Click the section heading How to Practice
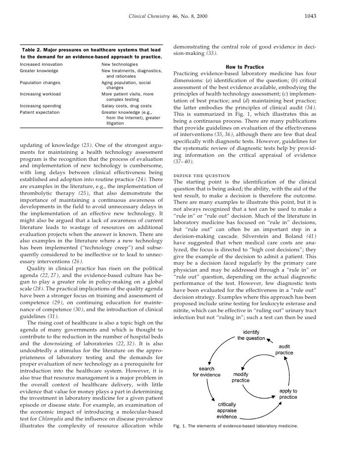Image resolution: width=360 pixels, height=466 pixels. (244, 67)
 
